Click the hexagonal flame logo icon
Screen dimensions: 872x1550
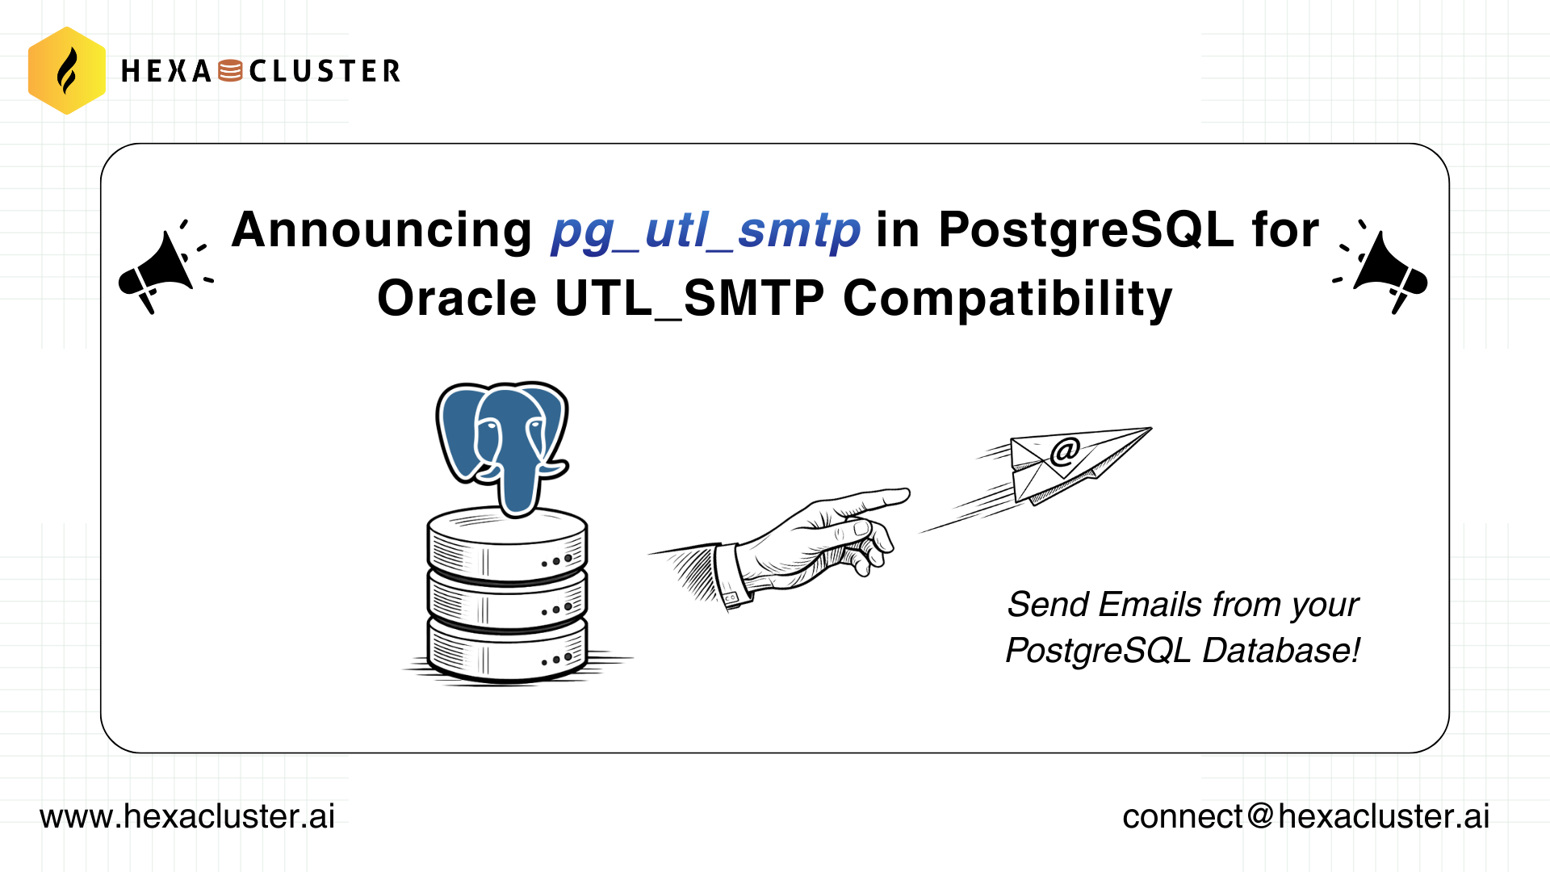click(x=67, y=71)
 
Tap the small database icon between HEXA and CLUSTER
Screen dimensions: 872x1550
click(x=230, y=71)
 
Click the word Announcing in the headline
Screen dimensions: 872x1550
click(x=381, y=230)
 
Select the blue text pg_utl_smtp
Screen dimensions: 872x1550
click(x=706, y=230)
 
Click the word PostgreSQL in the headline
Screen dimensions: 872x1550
click(x=1086, y=230)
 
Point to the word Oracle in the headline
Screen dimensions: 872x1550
click(x=456, y=299)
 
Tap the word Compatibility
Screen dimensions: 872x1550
click(x=1007, y=299)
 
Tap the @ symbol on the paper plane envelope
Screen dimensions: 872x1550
click(x=1065, y=451)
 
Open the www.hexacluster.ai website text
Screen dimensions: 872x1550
click(x=187, y=816)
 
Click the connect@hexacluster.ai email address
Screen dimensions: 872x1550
click(x=1305, y=816)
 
